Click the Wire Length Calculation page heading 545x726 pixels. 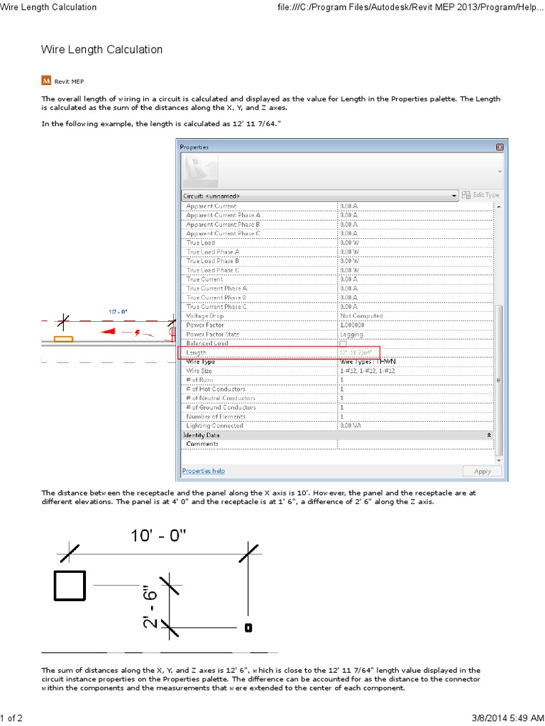pos(101,50)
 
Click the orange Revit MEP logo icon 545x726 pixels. pos(46,80)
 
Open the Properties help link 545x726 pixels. pos(203,470)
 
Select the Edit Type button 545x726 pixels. pos(480,195)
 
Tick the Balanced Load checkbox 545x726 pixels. pos(343,343)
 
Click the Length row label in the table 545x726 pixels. pos(196,352)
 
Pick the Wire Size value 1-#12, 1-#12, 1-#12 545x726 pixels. pos(367,370)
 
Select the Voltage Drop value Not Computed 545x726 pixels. pos(361,315)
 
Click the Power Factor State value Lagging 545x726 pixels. pos(351,334)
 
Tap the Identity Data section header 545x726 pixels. pos(202,435)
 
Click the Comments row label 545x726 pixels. pos(202,444)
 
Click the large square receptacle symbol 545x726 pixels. pos(70,585)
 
